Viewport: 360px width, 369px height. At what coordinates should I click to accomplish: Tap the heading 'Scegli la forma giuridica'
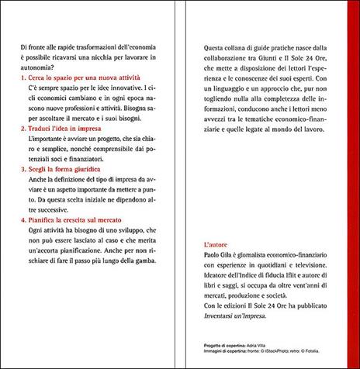click(63, 191)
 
